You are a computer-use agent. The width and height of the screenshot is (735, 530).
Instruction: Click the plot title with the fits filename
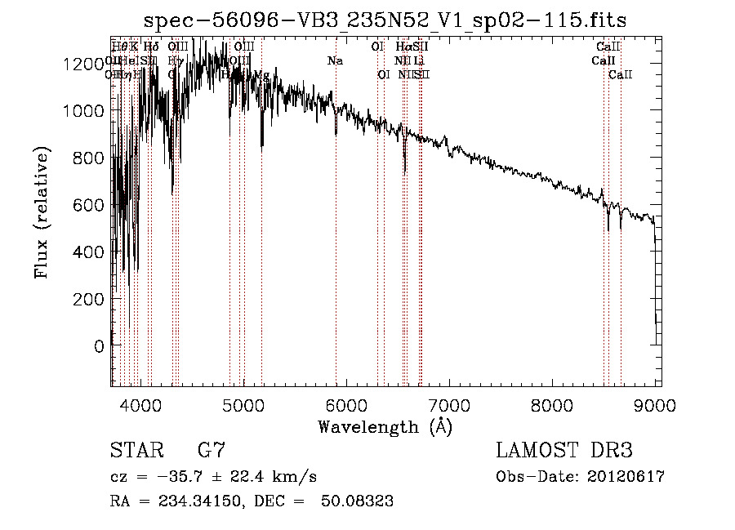(385, 20)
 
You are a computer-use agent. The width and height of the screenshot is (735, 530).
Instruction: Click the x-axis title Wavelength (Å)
(385, 426)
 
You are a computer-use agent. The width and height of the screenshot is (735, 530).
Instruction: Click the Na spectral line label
(335, 60)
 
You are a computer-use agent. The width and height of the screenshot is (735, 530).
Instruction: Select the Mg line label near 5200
(261, 75)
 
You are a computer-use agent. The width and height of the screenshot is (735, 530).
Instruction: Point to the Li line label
(419, 60)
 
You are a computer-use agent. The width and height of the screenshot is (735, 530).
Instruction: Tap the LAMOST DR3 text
(563, 451)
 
